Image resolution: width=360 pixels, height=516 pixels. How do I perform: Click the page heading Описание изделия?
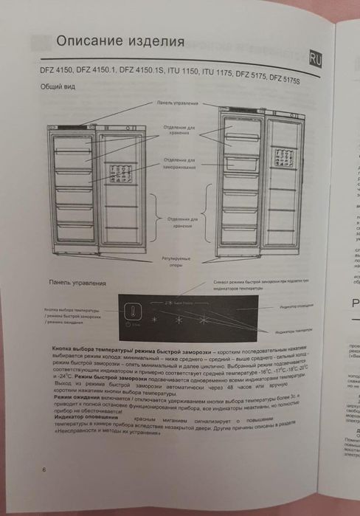pyautogui.click(x=120, y=41)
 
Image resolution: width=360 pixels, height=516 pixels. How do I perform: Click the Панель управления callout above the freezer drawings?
pyautogui.click(x=176, y=103)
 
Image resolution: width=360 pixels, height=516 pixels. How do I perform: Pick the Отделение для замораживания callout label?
pyautogui.click(x=179, y=162)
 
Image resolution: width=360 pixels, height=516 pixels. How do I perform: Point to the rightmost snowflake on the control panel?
pyautogui.click(x=204, y=318)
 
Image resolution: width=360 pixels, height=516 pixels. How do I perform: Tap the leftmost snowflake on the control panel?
pyautogui.click(x=155, y=319)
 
